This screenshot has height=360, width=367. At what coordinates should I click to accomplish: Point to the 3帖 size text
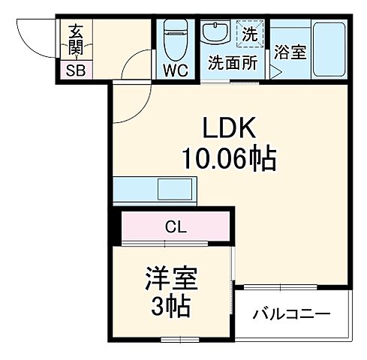coord(170,307)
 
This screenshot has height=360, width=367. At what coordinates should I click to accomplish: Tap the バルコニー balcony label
coord(290,313)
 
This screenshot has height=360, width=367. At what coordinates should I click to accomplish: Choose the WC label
coord(175,71)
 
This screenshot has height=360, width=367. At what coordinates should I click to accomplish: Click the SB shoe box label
coord(75,71)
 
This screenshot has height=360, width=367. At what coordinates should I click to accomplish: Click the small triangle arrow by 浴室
coord(275,73)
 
